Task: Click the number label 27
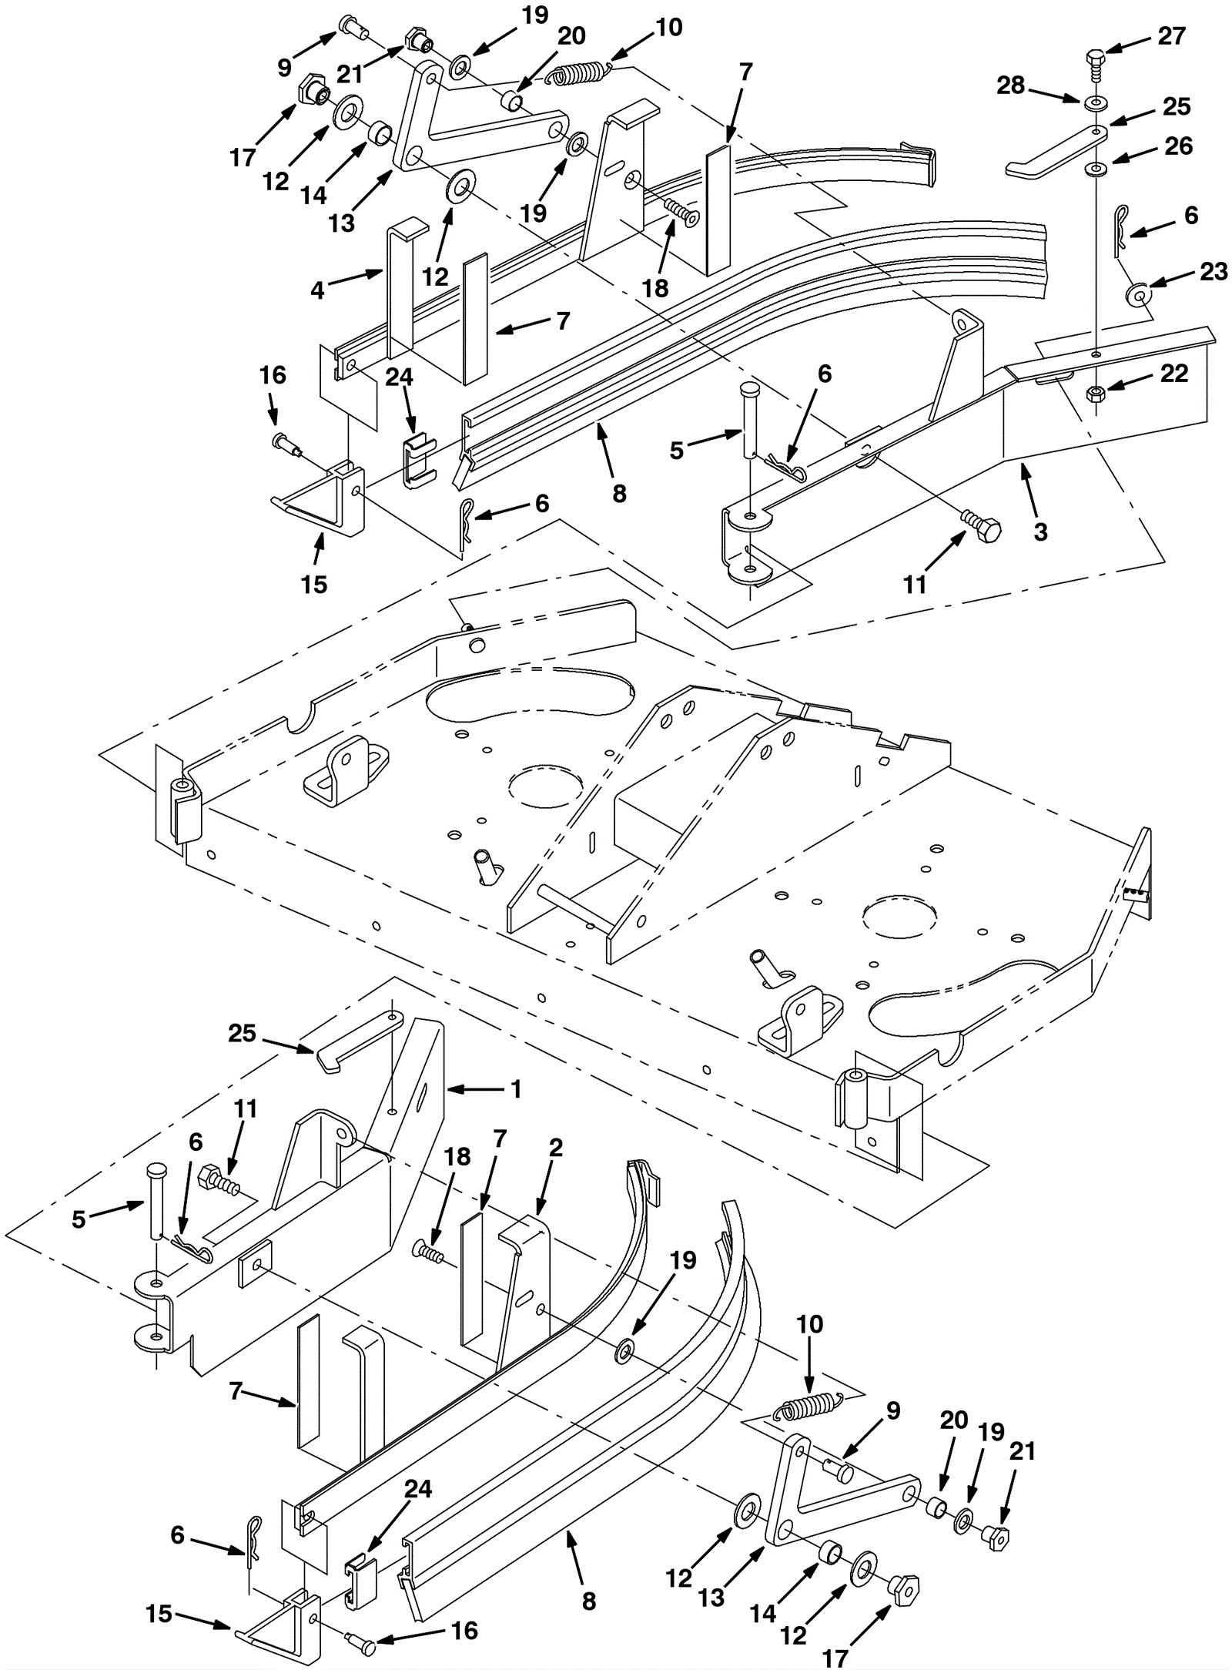pos(1171,35)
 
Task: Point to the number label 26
pos(1178,146)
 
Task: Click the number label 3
pos(1040,531)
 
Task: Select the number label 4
pos(317,290)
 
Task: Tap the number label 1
pos(516,1088)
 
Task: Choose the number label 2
pos(556,1169)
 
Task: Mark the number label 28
pos(1011,86)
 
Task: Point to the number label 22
pos(1173,374)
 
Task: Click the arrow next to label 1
pos(474,1088)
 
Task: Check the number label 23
pos(1213,271)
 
